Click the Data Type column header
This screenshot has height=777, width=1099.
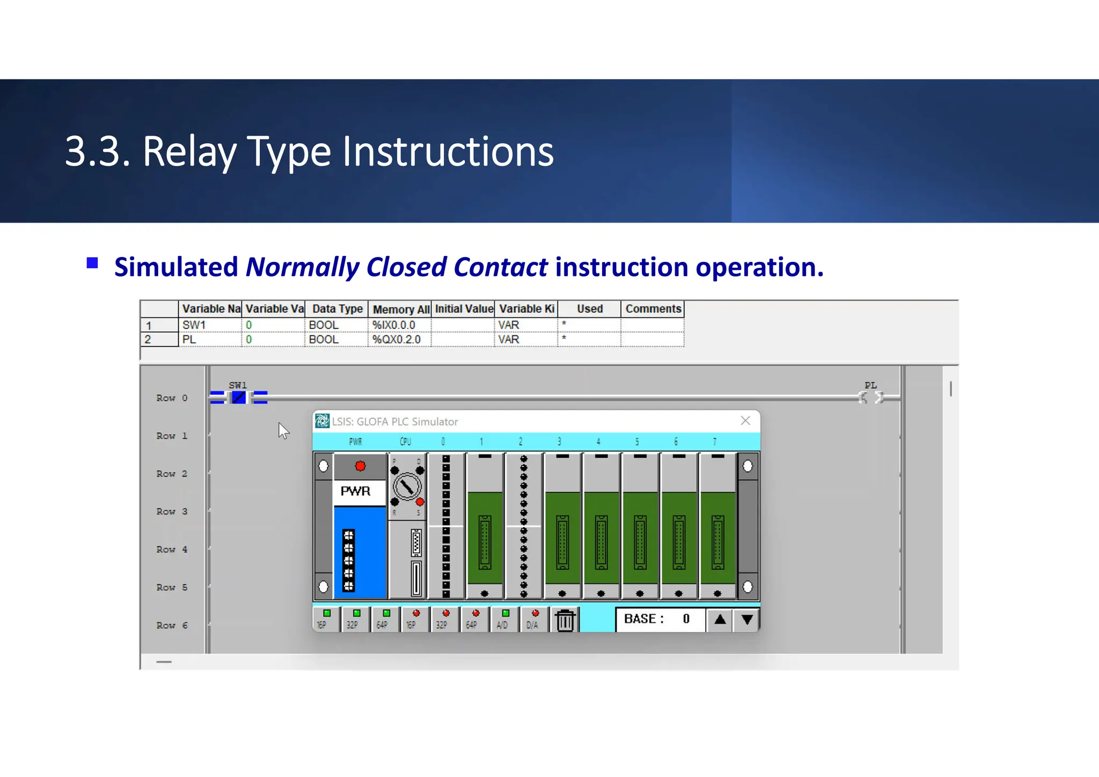(x=337, y=309)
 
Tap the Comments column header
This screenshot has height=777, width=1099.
(x=653, y=309)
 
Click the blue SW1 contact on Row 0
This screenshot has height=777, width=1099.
(x=239, y=398)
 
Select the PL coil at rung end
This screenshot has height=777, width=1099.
(x=870, y=398)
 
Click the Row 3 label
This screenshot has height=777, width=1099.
(x=172, y=511)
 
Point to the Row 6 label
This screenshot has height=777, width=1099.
(x=172, y=625)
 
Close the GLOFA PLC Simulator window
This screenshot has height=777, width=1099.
(x=745, y=421)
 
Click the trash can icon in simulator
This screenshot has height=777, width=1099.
(x=565, y=620)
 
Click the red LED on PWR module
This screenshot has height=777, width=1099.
(x=360, y=466)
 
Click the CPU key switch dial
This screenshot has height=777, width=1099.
(x=407, y=487)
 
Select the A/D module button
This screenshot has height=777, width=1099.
(x=504, y=619)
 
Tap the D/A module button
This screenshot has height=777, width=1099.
(x=533, y=619)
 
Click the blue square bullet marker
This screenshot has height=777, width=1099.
(x=92, y=263)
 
